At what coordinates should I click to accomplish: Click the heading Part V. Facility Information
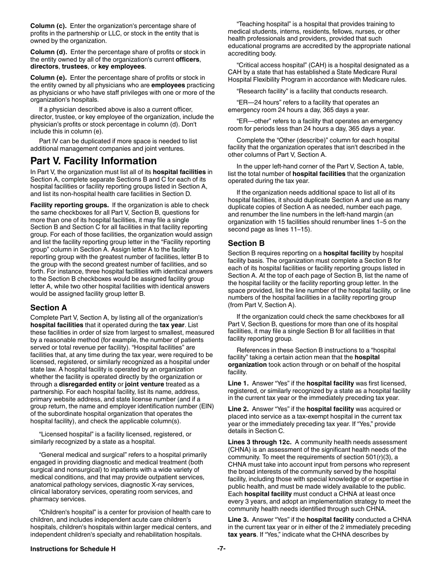[93, 161]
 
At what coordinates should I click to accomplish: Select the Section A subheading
[48, 308]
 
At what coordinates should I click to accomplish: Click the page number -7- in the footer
[221, 549]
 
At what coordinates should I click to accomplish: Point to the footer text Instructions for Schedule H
[73, 549]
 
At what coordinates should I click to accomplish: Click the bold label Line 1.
[238, 383]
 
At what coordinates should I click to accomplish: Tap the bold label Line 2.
[238, 409]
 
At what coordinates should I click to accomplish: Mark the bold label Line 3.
[238, 519]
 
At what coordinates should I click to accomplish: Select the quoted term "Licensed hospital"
[66, 434]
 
